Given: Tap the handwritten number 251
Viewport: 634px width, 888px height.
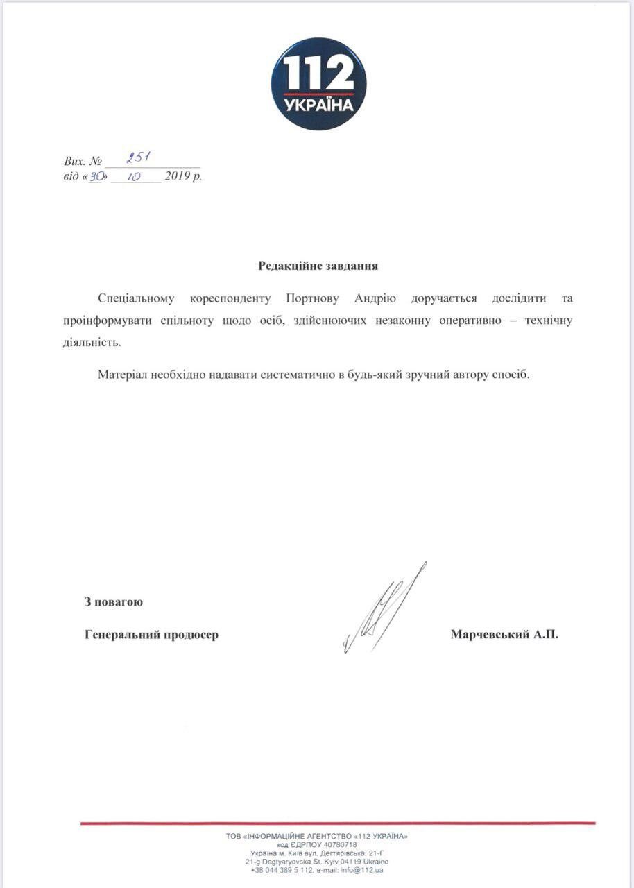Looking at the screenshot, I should click(139, 159).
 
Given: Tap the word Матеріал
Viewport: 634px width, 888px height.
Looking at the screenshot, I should click(122, 375).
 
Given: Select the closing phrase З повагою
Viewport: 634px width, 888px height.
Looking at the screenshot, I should click(114, 601).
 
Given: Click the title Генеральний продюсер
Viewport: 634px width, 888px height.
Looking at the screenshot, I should click(151, 634).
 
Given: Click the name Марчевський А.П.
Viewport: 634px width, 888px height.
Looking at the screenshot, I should click(504, 634).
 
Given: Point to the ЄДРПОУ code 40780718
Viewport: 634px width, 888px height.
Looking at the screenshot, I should click(338, 845).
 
